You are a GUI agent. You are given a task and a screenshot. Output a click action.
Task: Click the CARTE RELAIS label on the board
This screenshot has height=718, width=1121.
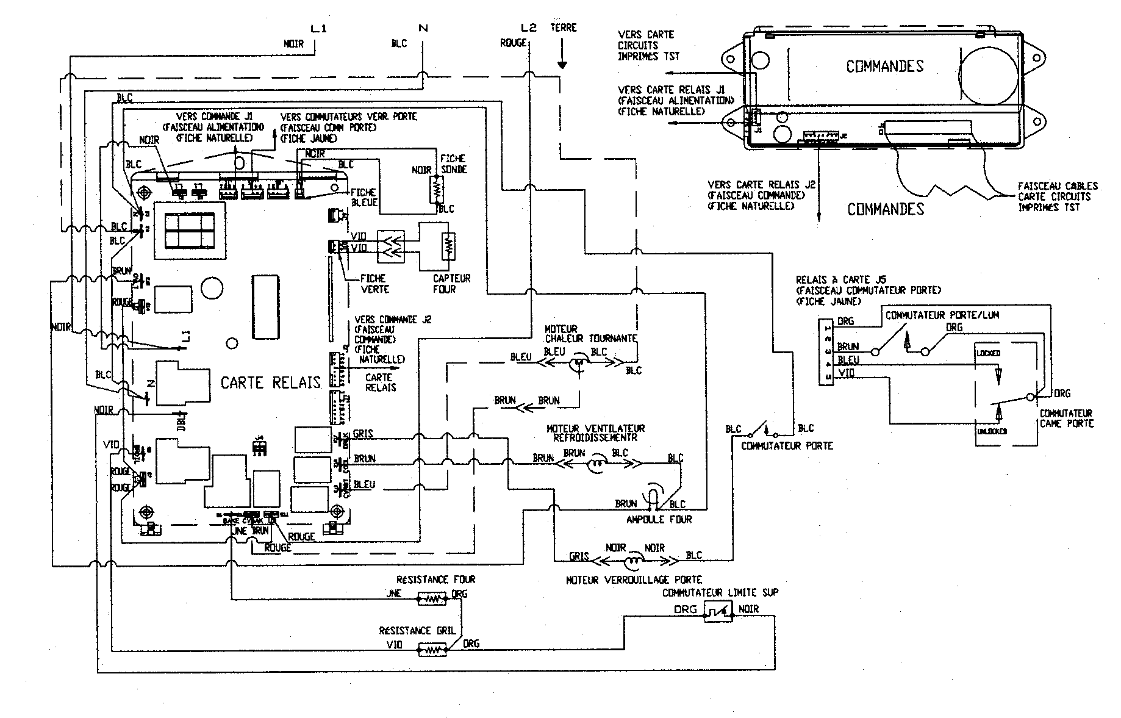point(270,382)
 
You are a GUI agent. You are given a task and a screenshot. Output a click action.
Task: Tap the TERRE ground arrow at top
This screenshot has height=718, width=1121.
point(562,59)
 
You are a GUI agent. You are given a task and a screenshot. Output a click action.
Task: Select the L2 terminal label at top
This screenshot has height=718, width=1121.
point(528,28)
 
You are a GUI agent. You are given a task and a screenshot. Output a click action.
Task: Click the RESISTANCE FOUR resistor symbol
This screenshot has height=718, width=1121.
point(432,600)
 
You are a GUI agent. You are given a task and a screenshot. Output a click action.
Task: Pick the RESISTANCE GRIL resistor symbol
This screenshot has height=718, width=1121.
point(432,652)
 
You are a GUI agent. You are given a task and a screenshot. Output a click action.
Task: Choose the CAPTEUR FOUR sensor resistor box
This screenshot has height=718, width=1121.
point(448,247)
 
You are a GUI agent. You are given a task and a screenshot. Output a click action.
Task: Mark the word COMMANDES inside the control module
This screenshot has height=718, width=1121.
point(884,66)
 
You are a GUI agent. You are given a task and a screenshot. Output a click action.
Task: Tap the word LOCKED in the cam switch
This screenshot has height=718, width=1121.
point(988,354)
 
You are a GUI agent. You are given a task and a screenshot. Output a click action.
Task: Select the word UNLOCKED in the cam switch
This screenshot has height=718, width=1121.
point(991,431)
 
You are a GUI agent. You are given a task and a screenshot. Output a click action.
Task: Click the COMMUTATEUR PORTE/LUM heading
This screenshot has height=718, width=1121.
point(942,315)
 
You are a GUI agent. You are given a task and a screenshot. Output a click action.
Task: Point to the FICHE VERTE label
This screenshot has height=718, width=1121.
point(374,283)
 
